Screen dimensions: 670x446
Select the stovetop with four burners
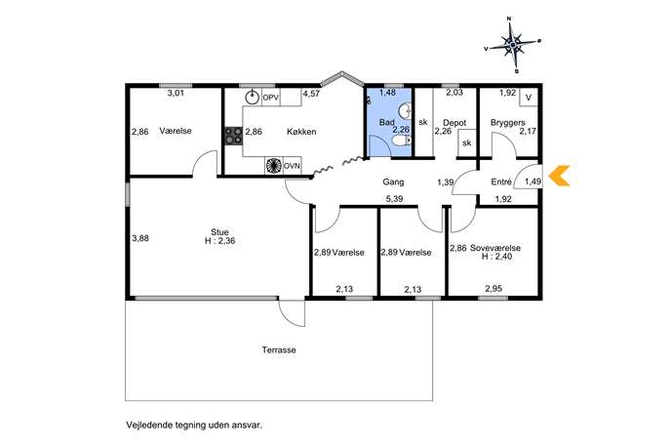(x=234, y=136)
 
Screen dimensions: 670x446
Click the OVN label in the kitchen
(x=292, y=166)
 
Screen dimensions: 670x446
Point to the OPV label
(x=270, y=98)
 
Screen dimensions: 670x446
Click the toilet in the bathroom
(x=402, y=141)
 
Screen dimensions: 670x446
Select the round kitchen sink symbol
(x=253, y=98)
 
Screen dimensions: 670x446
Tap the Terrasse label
(x=279, y=349)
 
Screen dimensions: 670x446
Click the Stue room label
(x=219, y=232)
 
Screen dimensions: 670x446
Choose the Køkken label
(x=301, y=132)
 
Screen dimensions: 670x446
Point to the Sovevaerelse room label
(x=495, y=248)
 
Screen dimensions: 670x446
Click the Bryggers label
(x=508, y=123)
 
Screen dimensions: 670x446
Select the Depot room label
(x=454, y=123)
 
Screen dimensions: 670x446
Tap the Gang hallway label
(x=393, y=182)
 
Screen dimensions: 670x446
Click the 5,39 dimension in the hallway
(x=394, y=199)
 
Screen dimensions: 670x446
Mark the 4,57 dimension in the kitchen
(x=311, y=94)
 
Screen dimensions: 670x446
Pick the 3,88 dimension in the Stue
(x=140, y=238)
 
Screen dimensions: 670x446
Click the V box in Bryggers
(x=529, y=98)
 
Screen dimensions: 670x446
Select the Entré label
(x=501, y=182)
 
